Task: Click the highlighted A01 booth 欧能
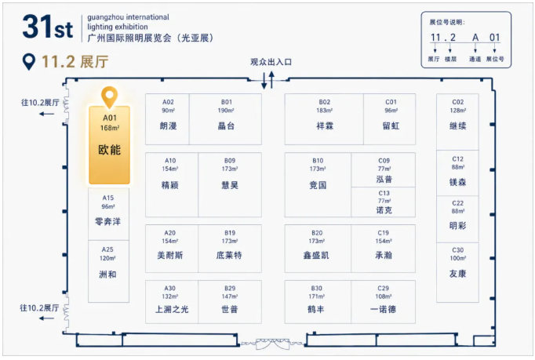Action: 110,145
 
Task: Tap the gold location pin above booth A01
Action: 110,97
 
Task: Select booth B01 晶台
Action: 226,119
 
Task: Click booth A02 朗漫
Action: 168,119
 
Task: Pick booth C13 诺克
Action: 384,202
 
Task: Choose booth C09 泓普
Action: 384,169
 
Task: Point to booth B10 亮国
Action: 318,184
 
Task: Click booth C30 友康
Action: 457,272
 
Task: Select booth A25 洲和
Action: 108,271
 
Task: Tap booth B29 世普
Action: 230,302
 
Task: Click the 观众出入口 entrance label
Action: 271,62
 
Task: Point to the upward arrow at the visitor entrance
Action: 271,79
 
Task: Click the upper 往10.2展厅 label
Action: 40,103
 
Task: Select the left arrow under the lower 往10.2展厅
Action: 46,318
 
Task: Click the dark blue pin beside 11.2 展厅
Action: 29,62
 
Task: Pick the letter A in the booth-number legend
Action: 475,38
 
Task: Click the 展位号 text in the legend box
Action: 495,59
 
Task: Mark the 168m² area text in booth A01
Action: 110,128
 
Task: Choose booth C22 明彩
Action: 457,219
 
